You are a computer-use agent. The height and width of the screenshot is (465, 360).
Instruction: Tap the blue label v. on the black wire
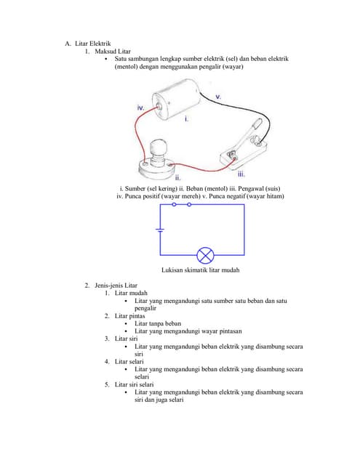coord(218,95)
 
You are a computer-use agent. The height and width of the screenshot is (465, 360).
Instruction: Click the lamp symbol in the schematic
coord(207,255)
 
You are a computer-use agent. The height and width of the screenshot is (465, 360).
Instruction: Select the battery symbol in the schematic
coord(160,230)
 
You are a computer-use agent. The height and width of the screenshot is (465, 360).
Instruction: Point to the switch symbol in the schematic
coord(182,205)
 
